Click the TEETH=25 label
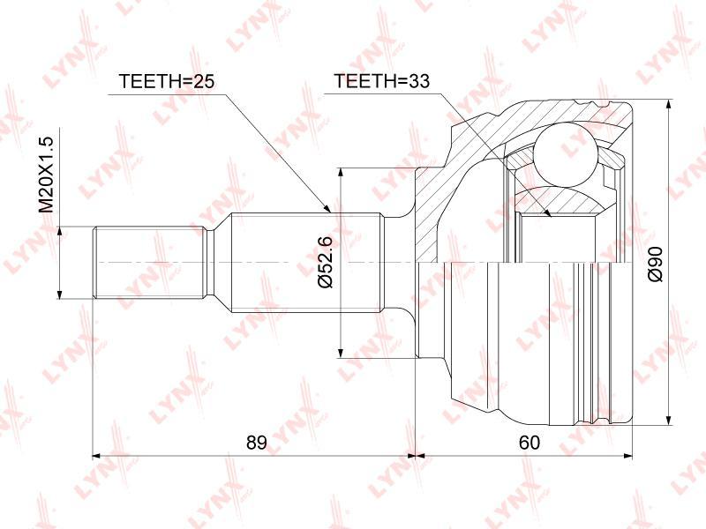[x=166, y=81]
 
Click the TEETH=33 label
[x=381, y=81]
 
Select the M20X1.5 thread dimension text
[x=46, y=175]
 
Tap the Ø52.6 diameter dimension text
[x=324, y=261]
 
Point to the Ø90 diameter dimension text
[x=656, y=264]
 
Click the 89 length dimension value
[x=257, y=443]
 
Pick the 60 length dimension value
[x=529, y=443]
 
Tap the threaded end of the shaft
[x=147, y=263]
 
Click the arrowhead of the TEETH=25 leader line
[x=327, y=207]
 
